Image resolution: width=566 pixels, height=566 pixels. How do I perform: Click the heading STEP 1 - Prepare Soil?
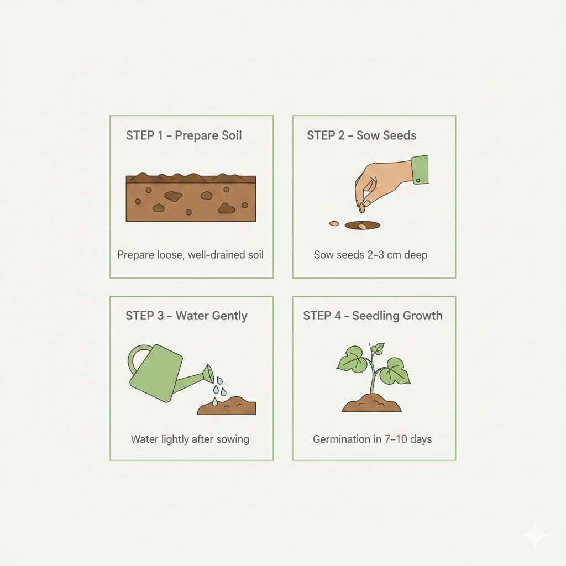(184, 136)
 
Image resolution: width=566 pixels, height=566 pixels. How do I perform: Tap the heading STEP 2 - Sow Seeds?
(361, 135)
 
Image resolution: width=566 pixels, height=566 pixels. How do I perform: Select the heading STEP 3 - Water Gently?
(186, 316)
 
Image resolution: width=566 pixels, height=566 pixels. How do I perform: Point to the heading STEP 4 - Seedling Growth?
(373, 316)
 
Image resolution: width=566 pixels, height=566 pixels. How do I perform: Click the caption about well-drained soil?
(190, 255)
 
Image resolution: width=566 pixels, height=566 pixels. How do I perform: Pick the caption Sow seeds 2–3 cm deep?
(371, 255)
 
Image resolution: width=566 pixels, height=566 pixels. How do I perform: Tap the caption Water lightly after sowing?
(190, 439)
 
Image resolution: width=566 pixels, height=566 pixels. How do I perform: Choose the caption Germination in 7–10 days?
(372, 439)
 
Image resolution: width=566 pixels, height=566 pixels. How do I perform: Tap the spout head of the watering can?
(208, 374)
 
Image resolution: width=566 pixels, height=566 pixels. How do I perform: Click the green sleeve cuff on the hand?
(420, 170)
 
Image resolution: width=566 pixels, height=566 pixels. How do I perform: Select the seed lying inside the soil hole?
(362, 227)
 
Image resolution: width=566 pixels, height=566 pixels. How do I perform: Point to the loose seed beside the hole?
(334, 224)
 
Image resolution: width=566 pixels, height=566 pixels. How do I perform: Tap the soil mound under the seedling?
(372, 403)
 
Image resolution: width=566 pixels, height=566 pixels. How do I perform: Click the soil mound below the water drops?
(227, 406)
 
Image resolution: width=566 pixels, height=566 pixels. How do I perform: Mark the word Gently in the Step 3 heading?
(229, 316)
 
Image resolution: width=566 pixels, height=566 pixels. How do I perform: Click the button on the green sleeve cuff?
(418, 181)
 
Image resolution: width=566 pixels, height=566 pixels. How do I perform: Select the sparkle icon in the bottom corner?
(535, 535)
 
